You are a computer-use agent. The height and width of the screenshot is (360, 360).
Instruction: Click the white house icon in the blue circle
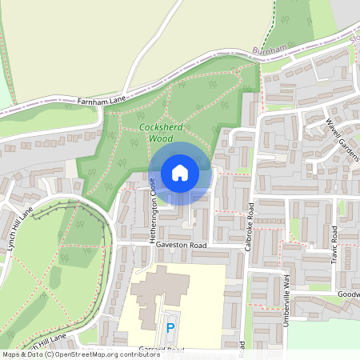pyautogui.click(x=180, y=172)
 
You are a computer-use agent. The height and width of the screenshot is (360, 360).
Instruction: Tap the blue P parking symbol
pyautogui.click(x=169, y=328)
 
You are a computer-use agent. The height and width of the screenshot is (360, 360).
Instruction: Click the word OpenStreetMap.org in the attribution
pyautogui.click(x=90, y=354)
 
